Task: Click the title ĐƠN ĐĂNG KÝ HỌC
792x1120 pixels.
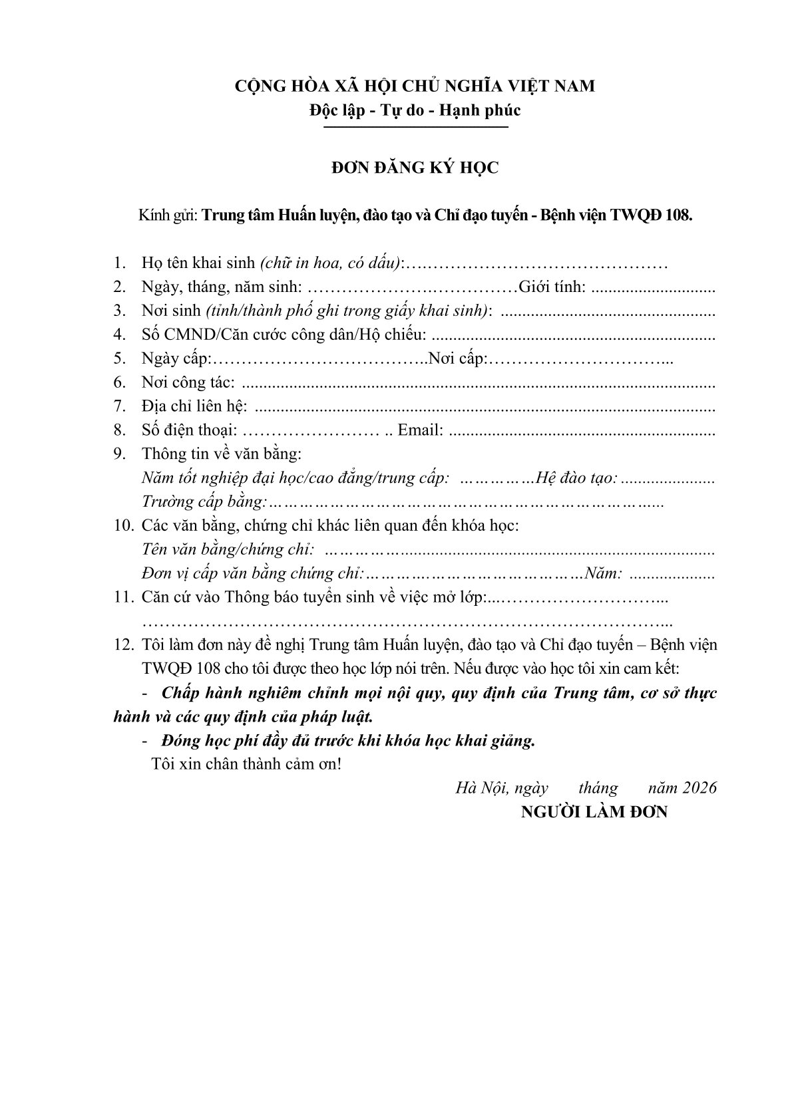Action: click(x=415, y=168)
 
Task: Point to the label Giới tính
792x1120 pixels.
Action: click(x=552, y=287)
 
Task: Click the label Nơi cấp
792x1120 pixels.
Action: click(x=459, y=359)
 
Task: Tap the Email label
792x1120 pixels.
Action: click(x=421, y=430)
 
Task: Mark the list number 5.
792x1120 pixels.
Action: click(x=120, y=359)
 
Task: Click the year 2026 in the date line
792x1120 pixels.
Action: click(x=699, y=788)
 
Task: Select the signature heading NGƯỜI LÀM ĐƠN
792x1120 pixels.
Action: click(x=594, y=812)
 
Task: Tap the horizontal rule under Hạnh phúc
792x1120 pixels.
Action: click(x=415, y=127)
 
